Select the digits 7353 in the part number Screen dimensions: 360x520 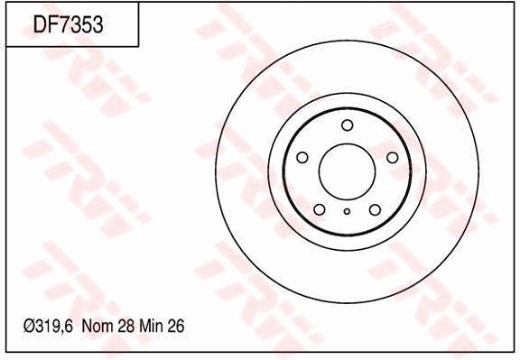(81, 25)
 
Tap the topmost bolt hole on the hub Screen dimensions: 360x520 (348, 125)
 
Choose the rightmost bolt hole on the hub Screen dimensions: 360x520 (392, 158)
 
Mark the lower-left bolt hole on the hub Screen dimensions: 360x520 (320, 209)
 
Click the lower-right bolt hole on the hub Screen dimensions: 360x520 (375, 209)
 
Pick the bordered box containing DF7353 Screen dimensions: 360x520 (72, 25)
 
